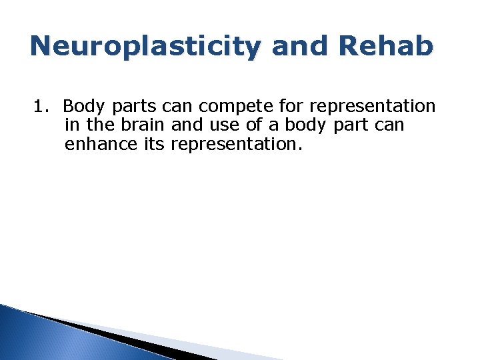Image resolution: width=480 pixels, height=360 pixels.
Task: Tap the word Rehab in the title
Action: [387, 46]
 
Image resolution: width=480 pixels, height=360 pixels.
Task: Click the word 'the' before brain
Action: [102, 125]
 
